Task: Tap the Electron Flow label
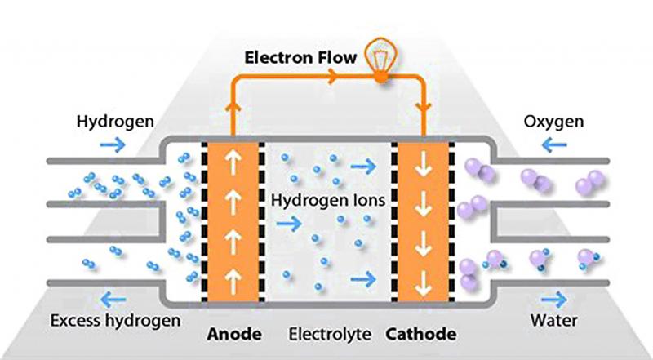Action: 300,57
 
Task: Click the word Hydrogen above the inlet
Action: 115,122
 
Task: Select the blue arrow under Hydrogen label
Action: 113,145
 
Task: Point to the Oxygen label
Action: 553,122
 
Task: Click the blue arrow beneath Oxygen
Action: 554,145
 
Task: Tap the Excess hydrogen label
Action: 115,321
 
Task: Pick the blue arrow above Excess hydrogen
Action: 113,299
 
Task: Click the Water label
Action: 554,321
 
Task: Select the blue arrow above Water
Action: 554,299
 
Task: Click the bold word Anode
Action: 234,334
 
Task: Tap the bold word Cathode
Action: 420,334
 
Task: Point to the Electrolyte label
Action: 330,334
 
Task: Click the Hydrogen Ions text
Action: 328,201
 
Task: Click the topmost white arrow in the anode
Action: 233,162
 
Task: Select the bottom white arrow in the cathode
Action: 424,283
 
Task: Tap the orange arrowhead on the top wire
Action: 333,76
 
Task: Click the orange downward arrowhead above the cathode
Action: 424,108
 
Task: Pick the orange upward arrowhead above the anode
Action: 233,107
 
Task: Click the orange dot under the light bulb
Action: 381,77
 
